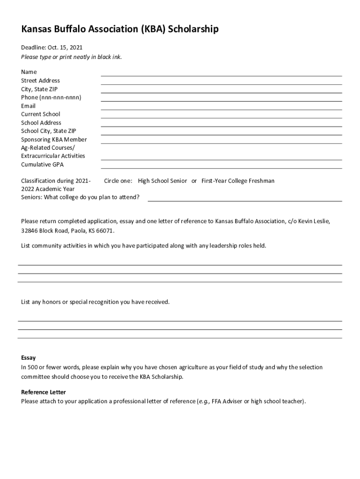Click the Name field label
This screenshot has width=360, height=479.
[x=29, y=72]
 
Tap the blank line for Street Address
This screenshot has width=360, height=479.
[x=221, y=84]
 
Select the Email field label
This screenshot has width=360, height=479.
[x=28, y=106]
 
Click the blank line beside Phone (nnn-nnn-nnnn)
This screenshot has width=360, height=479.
[x=221, y=101]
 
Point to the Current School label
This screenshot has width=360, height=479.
[x=41, y=114]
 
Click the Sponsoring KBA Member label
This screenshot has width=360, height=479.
[x=54, y=139]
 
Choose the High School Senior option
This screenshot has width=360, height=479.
[x=162, y=181]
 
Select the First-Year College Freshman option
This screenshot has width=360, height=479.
[x=238, y=181]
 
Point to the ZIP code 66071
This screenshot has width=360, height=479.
[x=106, y=231]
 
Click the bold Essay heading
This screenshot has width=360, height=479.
[x=28, y=358]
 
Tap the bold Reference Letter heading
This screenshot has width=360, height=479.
[x=43, y=392]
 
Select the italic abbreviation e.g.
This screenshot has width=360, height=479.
[x=203, y=401]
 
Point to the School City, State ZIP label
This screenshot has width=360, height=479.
[x=48, y=131]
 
